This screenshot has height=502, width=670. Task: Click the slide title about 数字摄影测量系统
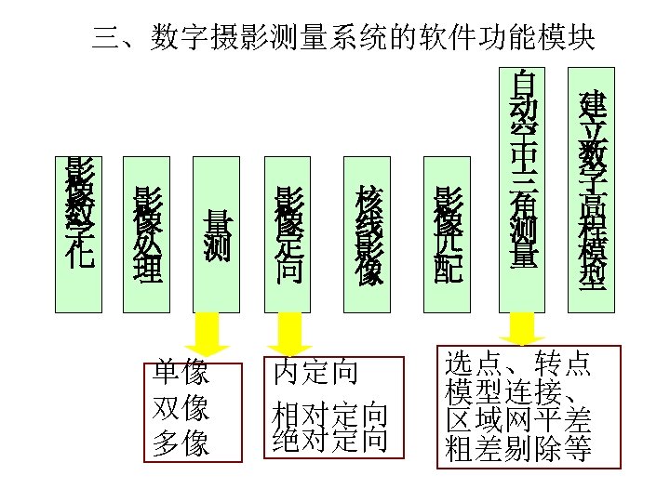pos(344,38)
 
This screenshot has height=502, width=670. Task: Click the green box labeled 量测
pos(216,234)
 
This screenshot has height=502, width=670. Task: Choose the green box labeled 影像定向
pos(289,234)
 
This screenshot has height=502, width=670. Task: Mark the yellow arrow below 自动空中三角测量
pos(522,328)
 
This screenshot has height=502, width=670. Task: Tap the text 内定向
pos(315,374)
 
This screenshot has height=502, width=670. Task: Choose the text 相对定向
pos(330,413)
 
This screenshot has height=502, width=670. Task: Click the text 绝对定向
pos(330,438)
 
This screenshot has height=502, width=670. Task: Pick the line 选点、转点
pos(518,363)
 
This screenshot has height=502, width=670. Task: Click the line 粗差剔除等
pos(518,450)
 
